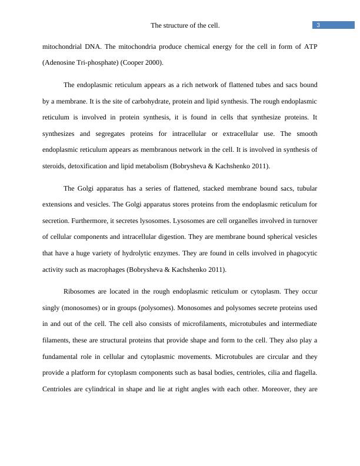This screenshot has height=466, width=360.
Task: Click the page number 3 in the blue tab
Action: [x=318, y=25]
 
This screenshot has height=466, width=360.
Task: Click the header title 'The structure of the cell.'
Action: [x=185, y=26]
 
